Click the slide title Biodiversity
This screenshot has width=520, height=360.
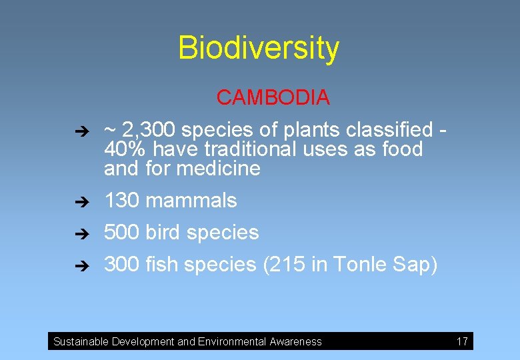click(x=259, y=48)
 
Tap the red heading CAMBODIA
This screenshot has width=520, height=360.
click(x=273, y=97)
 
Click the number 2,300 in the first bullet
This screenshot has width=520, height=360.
click(x=151, y=129)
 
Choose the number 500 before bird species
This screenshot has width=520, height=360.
click(x=121, y=232)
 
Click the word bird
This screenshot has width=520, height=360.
click(x=163, y=232)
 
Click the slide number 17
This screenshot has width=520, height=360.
click(x=462, y=341)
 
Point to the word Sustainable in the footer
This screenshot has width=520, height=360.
click(x=81, y=342)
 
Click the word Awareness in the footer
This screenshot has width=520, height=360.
click(x=295, y=342)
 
